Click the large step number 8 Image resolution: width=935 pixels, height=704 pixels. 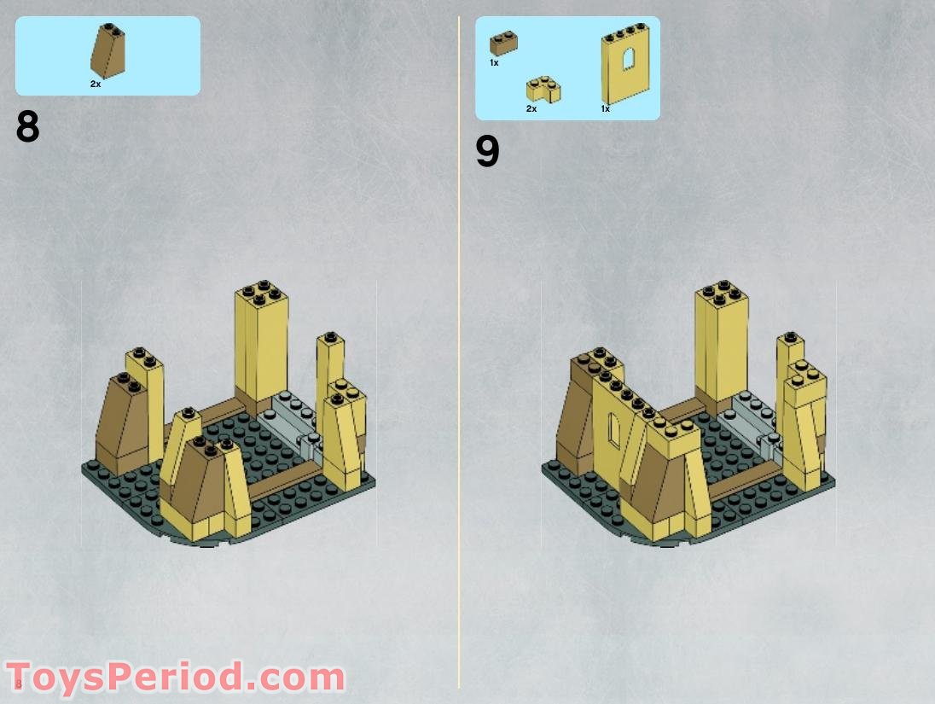[x=27, y=127]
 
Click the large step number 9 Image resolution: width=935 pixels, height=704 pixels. [x=487, y=152]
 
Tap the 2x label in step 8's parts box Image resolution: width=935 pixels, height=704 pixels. [x=95, y=84]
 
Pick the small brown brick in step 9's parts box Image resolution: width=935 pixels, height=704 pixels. [x=504, y=44]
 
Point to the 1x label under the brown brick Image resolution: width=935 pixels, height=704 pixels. [x=494, y=63]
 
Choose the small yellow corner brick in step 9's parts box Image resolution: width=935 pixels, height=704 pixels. [x=542, y=89]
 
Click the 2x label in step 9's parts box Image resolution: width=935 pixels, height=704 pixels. [x=531, y=108]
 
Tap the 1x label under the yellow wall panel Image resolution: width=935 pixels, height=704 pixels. [x=605, y=108]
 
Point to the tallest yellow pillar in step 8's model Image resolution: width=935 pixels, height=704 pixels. [x=261, y=341]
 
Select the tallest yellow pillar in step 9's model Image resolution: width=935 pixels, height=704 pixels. [x=721, y=341]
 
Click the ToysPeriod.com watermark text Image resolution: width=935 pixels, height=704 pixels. [x=175, y=678]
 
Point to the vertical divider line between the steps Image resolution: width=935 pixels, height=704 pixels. [x=459, y=341]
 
